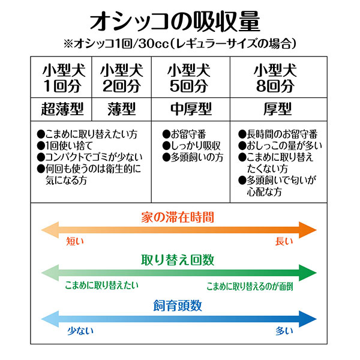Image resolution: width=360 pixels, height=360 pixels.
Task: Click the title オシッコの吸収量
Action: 175,22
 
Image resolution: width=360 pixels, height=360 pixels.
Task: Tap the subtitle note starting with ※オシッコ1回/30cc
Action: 180,43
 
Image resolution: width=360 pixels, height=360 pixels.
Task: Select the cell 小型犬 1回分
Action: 62,78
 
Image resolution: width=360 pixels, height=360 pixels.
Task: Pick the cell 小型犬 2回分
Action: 122,78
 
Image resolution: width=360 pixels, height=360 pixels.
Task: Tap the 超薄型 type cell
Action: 62,109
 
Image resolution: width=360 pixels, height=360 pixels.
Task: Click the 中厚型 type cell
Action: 191,109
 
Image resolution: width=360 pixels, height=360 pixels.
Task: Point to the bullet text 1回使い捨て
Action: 65,146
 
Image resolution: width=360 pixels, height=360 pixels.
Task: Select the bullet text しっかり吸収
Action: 191,146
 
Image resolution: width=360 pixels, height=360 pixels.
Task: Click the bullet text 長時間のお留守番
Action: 278,134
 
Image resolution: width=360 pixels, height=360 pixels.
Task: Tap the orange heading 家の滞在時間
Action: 178,217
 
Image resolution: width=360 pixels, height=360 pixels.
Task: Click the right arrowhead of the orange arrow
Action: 308,230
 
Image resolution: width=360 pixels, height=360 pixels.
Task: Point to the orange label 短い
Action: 75,241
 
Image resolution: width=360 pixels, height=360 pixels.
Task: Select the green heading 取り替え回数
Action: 178,260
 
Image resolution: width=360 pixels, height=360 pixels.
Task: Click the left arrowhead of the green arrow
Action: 50,273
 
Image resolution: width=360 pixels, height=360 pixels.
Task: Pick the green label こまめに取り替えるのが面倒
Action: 250,286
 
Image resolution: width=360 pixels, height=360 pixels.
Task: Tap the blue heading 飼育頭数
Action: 178,305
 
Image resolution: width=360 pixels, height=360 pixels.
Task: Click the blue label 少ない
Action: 80,331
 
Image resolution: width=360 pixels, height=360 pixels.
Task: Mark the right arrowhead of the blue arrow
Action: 308,319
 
